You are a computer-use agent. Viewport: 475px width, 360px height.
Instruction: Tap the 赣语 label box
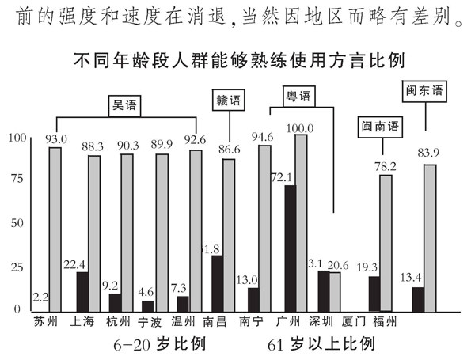(229, 100)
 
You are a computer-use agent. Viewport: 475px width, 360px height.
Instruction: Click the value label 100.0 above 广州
(301, 128)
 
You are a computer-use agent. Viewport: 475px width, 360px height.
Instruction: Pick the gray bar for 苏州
(55, 229)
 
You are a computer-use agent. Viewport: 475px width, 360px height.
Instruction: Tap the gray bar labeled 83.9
(430, 237)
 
